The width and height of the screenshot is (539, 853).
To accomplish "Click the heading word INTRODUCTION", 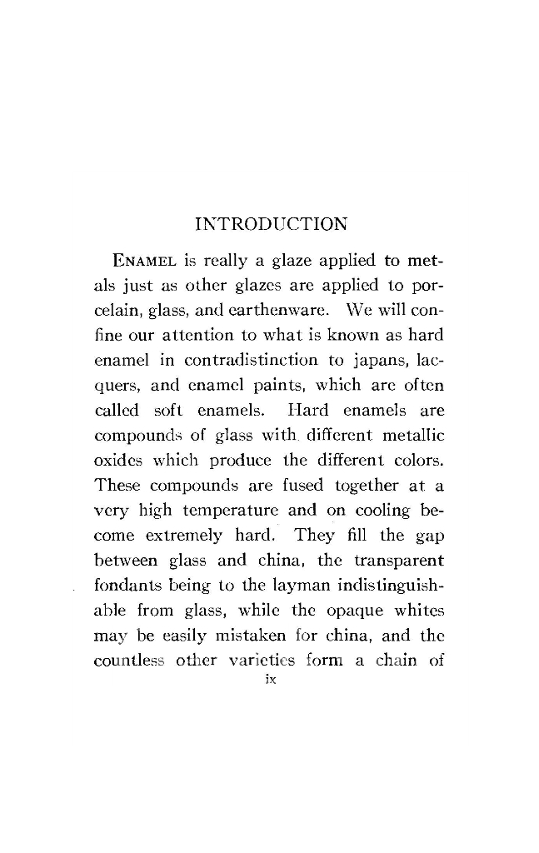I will [x=270, y=224].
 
